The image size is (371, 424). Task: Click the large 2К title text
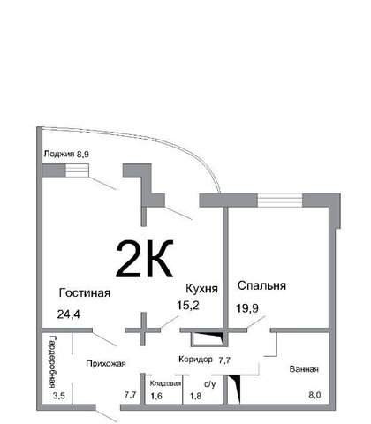pyautogui.click(x=145, y=259)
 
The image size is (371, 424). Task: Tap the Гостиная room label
pyautogui.click(x=85, y=293)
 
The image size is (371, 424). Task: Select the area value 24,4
pyautogui.click(x=69, y=314)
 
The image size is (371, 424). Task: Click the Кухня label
pyautogui.click(x=201, y=289)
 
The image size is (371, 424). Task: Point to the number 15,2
pyautogui.click(x=188, y=306)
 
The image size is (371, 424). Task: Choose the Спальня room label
pyautogui.click(x=261, y=285)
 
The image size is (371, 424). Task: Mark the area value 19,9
pyautogui.click(x=247, y=308)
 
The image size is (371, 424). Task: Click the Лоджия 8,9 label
pyautogui.click(x=66, y=154)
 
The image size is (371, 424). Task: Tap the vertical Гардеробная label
pyautogui.click(x=52, y=361)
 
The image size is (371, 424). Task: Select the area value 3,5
pyautogui.click(x=58, y=396)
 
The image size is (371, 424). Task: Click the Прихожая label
pyautogui.click(x=106, y=364)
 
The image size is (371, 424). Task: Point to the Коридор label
pyautogui.click(x=195, y=360)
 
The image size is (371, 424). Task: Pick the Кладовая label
pyautogui.click(x=165, y=383)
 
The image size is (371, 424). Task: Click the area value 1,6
pyautogui.click(x=156, y=396)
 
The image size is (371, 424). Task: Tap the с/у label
pyautogui.click(x=210, y=384)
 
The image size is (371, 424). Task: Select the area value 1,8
pyautogui.click(x=196, y=396)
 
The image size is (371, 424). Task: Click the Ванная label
pyautogui.click(x=304, y=369)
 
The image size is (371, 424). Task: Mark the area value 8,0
pyautogui.click(x=314, y=395)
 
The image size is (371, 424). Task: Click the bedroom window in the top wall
pyautogui.click(x=280, y=201)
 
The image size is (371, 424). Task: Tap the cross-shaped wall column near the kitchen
pyautogui.click(x=143, y=329)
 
